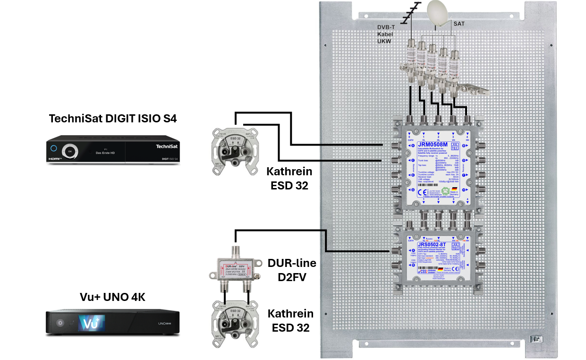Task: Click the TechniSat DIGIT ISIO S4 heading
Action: [113, 119]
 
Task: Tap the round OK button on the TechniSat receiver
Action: [70, 151]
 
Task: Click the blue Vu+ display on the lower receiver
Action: [91, 324]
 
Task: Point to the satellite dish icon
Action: [439, 13]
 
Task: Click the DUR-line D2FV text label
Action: [292, 270]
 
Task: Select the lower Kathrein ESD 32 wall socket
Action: [235, 322]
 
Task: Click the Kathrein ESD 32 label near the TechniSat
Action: [289, 178]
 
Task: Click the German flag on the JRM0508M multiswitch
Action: [454, 189]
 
